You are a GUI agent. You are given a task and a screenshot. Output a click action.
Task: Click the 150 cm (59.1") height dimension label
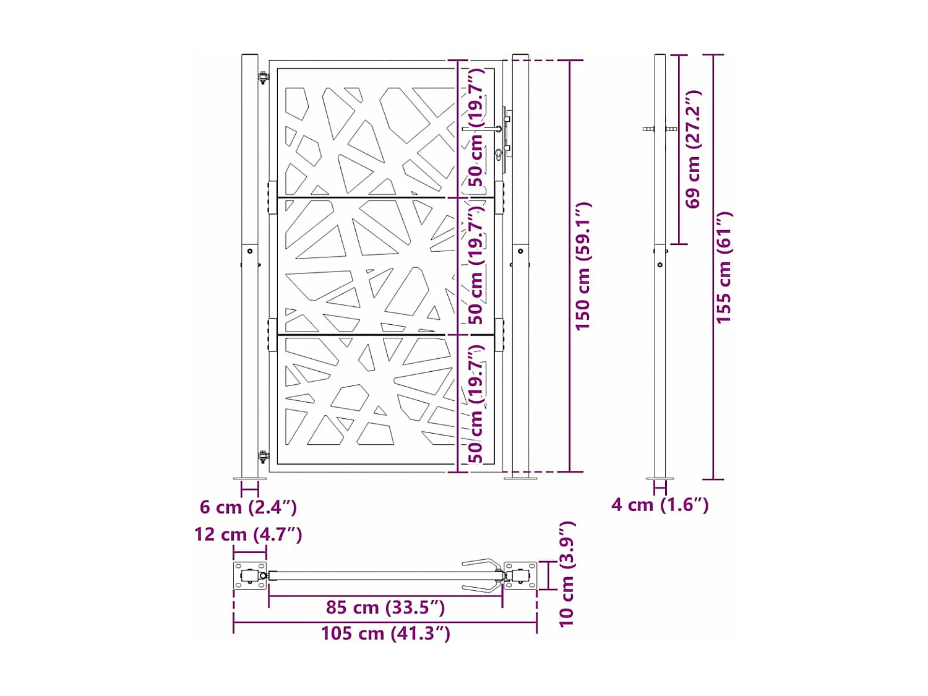pos(583,266)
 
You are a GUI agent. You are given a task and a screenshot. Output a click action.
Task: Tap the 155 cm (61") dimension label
pos(723,267)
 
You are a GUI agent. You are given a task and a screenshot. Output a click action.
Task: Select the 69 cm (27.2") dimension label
pos(693,149)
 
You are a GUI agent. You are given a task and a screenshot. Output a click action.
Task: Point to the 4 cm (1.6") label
pos(659,505)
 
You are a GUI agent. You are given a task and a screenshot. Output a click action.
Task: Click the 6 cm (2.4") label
pos(248,507)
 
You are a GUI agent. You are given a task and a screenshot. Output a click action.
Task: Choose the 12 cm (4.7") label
pos(248,535)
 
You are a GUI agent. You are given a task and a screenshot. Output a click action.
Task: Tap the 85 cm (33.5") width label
pos(385,608)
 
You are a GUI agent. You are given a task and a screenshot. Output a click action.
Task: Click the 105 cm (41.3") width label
pos(385,634)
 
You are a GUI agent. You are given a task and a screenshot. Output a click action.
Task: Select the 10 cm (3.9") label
pos(567,574)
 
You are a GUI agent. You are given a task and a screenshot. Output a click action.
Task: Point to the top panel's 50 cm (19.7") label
pos(475,127)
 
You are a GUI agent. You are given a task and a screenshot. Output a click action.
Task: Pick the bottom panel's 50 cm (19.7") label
pos(475,403)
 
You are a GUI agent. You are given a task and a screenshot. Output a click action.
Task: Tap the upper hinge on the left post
pos(264,77)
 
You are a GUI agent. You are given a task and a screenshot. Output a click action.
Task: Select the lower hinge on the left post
pos(264,457)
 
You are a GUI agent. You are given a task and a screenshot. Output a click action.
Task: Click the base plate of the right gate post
pos(520,478)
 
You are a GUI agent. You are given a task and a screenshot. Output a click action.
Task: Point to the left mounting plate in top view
pos(249,576)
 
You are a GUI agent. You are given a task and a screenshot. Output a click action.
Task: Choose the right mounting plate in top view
pos(520,576)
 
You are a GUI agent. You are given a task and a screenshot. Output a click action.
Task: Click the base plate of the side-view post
pos(660,478)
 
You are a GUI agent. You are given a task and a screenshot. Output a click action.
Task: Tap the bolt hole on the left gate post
pos(250,251)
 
